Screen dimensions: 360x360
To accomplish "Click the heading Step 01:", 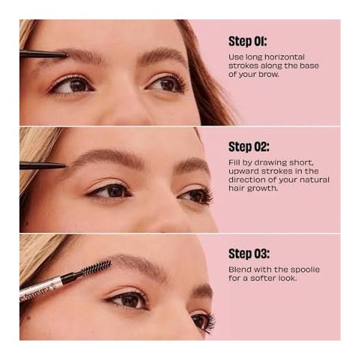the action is pyautogui.click(x=248, y=42).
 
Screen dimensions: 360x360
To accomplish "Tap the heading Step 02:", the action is pyautogui.click(x=249, y=147).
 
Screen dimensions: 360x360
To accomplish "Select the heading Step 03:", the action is pyautogui.click(x=249, y=254).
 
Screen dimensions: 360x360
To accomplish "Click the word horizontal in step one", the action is pyautogui.click(x=285, y=57).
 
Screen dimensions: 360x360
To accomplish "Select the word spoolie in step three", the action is pyautogui.click(x=305, y=270).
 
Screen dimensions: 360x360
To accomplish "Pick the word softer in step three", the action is pyautogui.click(x=262, y=278).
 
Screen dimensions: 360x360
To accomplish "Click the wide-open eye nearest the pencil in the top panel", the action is pyautogui.click(x=72, y=86).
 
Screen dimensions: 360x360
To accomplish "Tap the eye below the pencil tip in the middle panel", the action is pyautogui.click(x=111, y=191).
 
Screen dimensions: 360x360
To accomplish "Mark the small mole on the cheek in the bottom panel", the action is pyautogui.click(x=29, y=318).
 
